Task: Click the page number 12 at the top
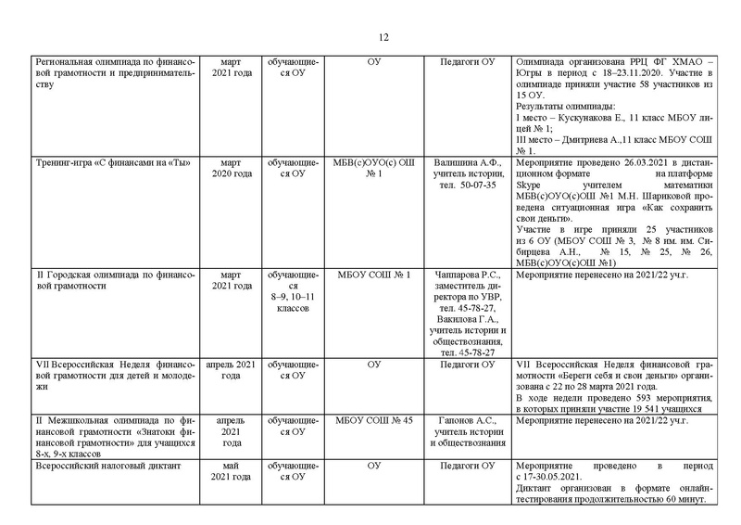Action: click(x=383, y=37)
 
